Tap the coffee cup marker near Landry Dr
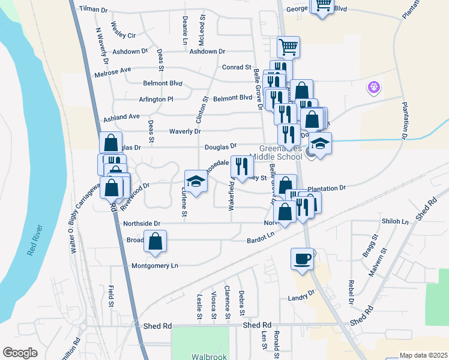[303, 259]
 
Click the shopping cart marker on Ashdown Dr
[288, 47]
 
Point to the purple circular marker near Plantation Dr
[374, 88]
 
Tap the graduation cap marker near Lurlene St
[196, 181]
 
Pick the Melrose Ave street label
[113, 70]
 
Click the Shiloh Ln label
[394, 221]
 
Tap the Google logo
[20, 352]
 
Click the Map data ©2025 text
[423, 355]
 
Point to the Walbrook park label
[209, 356]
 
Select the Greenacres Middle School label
[280, 153]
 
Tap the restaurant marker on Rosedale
[242, 167]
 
